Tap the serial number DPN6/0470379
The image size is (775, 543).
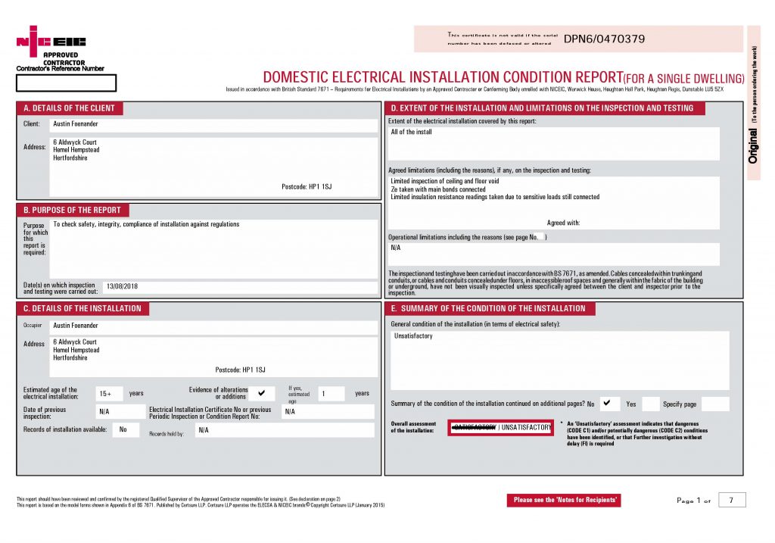tap(605, 39)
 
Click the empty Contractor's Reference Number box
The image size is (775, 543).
tap(67, 83)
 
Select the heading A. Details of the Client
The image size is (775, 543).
tap(69, 108)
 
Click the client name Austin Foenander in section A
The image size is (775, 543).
tap(76, 123)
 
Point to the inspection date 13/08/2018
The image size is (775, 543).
tap(123, 286)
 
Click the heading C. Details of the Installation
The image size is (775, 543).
tap(82, 308)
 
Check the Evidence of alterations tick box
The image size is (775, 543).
tap(262, 393)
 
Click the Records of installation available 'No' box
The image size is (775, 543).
tap(124, 429)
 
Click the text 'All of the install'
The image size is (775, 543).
tap(411, 132)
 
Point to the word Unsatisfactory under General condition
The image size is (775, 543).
tap(413, 335)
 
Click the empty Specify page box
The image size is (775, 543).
tap(715, 404)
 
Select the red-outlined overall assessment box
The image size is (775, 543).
tap(501, 428)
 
